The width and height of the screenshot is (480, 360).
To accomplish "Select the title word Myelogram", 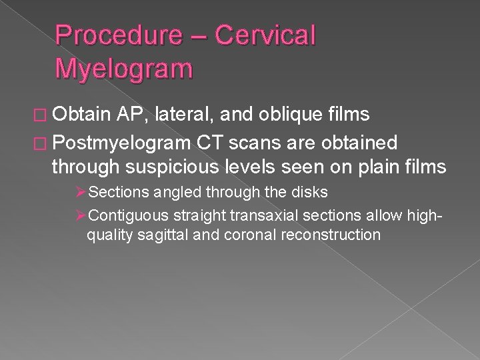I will (124, 68).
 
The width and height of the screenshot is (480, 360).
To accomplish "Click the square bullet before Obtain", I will (41, 115).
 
